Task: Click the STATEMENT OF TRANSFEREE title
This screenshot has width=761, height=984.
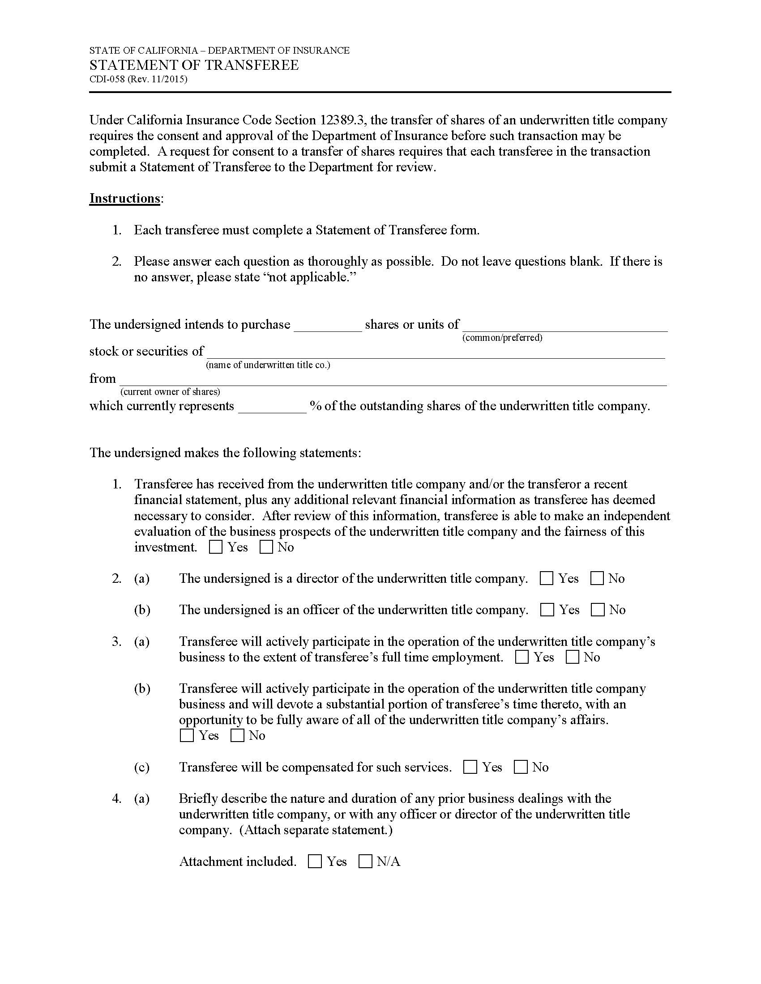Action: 194,65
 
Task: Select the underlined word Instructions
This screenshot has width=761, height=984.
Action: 124,198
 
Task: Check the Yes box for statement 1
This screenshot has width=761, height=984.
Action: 216,547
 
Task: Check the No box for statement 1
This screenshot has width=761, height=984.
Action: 266,547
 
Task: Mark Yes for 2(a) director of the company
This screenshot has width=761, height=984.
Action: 547,578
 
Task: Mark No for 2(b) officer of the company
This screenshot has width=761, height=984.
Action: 598,610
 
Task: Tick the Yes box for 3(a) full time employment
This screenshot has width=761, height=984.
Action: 522,657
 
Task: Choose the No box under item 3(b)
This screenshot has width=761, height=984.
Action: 237,736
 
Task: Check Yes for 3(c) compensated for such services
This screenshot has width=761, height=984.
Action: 470,767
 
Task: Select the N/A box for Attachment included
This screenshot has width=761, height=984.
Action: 365,861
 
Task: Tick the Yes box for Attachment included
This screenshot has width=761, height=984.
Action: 315,861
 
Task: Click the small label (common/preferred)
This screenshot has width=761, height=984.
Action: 502,338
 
